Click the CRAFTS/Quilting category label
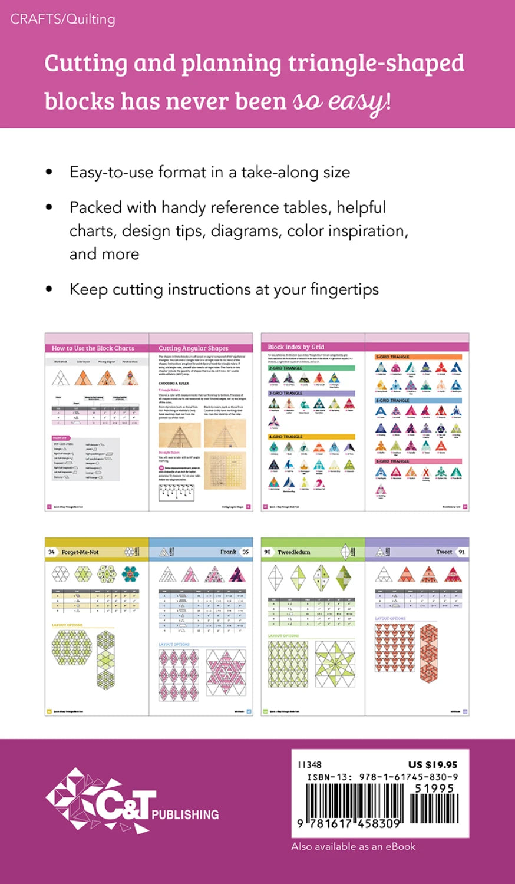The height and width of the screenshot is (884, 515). (x=62, y=19)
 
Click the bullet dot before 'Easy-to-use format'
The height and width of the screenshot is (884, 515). (x=49, y=172)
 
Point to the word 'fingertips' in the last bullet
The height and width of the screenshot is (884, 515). (x=344, y=289)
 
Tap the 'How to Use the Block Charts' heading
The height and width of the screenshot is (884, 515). (x=93, y=348)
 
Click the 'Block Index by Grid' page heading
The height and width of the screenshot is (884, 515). (x=296, y=347)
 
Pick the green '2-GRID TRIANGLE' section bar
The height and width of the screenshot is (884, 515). (x=311, y=368)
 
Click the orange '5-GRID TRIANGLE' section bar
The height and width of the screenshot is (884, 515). (x=418, y=357)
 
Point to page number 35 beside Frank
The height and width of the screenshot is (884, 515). (x=246, y=552)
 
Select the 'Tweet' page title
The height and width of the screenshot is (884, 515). (x=444, y=552)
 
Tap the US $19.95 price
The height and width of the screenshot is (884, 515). (x=433, y=765)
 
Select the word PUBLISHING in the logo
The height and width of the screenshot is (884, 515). (x=185, y=815)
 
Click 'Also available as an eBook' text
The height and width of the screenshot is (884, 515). (x=354, y=846)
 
